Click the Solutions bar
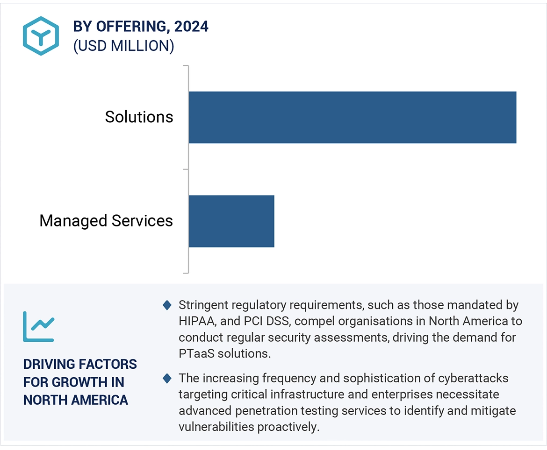[x=352, y=117]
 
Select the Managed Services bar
[x=231, y=221]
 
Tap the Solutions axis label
[x=139, y=117]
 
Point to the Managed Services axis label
[x=106, y=221]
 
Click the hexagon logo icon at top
[x=41, y=36]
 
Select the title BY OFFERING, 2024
[x=141, y=27]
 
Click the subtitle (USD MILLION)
[x=123, y=46]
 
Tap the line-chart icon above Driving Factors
[x=39, y=326]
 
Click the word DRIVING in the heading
[x=49, y=364]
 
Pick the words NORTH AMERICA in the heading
[x=76, y=400]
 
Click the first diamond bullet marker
[x=167, y=305]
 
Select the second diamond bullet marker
[x=167, y=378]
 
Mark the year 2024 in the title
[x=191, y=27]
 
